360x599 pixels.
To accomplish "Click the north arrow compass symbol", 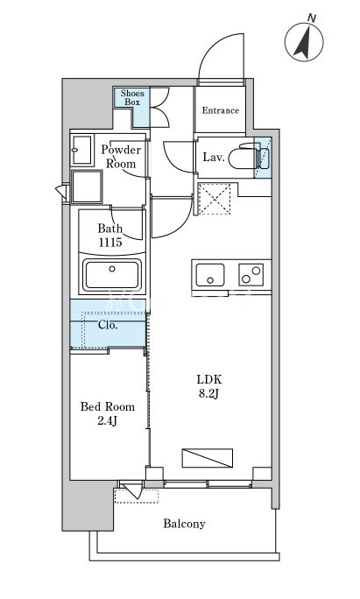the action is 304,41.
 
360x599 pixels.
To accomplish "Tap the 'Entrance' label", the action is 221,110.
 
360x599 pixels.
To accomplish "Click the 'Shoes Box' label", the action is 132,97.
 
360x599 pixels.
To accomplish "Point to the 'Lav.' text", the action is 213,157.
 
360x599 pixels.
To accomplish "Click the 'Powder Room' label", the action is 121,157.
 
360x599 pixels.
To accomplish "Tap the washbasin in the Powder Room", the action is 81,150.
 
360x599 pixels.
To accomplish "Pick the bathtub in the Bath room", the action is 112,274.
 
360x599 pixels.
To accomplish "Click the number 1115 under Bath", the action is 110,243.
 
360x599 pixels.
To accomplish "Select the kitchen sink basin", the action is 210,275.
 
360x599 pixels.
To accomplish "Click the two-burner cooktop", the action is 251,275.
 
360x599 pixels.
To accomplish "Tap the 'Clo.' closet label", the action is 108,325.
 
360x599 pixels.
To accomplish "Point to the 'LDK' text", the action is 209,379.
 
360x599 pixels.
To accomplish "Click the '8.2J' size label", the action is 208,394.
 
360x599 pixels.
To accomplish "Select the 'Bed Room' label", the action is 108,406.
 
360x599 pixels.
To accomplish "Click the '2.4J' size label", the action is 108,421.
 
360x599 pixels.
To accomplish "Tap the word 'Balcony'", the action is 184,524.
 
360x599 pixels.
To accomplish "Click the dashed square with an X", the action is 215,199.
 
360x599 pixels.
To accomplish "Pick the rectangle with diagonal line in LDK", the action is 208,458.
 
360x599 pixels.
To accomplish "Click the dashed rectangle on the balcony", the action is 137,497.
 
